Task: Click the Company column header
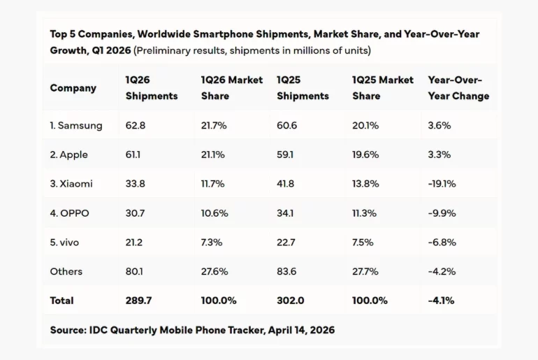click(73, 88)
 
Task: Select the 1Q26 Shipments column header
click(152, 88)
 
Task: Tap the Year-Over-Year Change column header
click(458, 88)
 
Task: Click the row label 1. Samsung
click(76, 126)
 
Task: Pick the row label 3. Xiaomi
click(71, 184)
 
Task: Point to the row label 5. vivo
click(64, 242)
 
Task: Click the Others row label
click(66, 271)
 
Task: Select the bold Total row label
click(61, 301)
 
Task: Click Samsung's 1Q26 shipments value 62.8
click(136, 126)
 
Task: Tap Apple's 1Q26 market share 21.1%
click(212, 154)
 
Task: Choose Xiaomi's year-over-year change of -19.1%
click(442, 184)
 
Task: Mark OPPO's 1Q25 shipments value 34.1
click(285, 213)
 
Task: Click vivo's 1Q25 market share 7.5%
click(363, 242)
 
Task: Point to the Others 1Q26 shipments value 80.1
click(135, 271)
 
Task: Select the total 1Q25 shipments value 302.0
click(290, 301)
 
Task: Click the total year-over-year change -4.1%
click(441, 301)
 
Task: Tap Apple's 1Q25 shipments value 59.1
click(285, 154)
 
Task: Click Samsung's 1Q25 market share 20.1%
click(365, 126)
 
